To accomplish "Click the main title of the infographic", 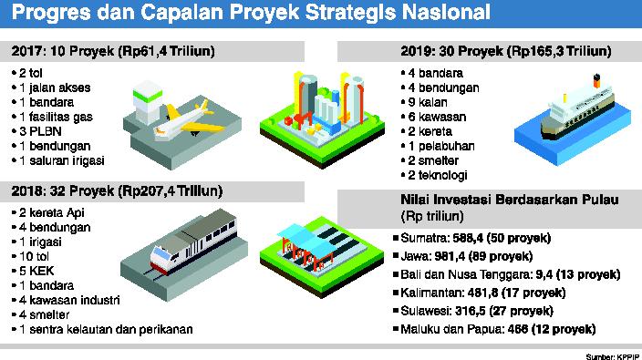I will pyautogui.click(x=252, y=15).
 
